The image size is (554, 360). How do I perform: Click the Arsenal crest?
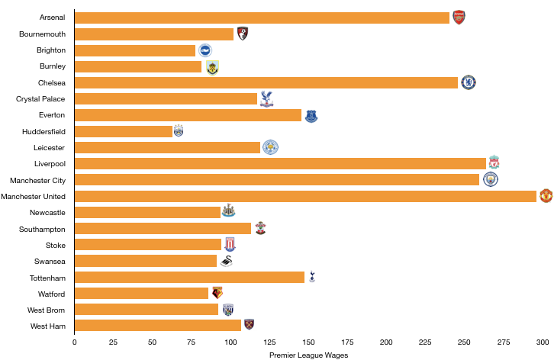459,18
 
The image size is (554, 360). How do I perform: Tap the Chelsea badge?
469,82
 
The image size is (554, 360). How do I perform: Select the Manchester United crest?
546,196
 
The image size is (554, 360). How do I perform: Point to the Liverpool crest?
494,162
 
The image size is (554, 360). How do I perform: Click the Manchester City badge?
490,179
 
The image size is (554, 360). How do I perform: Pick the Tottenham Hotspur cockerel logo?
312,277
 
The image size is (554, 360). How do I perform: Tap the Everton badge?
311,115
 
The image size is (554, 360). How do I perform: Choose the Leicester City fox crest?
270,147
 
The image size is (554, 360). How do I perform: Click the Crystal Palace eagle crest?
266,98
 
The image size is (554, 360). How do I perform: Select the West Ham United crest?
249,325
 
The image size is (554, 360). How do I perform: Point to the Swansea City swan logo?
226,261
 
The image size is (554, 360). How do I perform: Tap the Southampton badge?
260,228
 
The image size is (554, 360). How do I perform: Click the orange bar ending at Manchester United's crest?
305,196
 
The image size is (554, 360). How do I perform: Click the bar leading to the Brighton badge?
135,50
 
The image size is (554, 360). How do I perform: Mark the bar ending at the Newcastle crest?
147,212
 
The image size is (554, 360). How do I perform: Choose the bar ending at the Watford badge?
141,293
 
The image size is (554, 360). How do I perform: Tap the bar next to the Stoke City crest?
148,245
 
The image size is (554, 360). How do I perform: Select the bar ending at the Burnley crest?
138,67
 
